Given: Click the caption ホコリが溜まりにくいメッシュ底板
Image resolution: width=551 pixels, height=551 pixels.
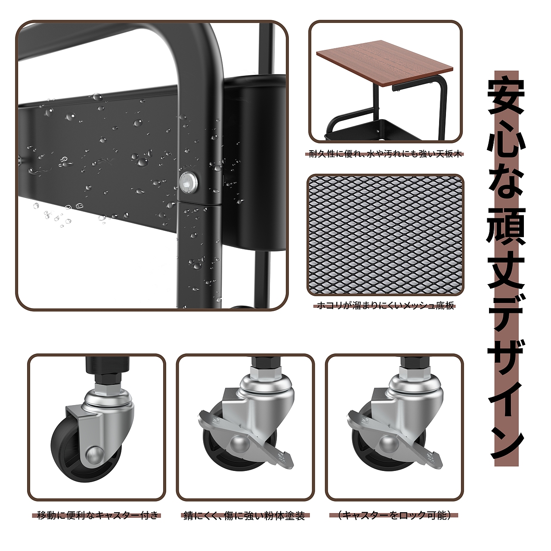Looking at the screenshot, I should click(x=385, y=306).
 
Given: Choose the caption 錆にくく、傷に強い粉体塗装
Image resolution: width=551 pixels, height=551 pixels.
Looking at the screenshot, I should click(x=244, y=515).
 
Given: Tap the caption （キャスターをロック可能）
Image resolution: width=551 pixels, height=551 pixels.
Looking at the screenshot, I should click(x=394, y=515).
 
